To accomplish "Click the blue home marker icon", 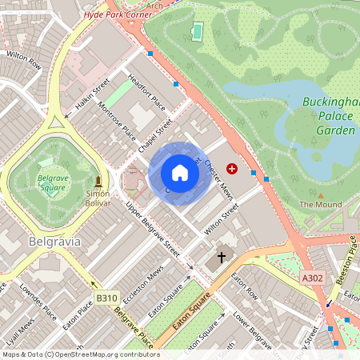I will tap(180, 173).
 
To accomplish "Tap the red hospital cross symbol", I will tap(232, 169).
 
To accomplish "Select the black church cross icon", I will tap(221, 258).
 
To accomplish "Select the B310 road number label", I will tap(106, 298).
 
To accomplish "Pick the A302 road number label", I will tap(314, 277).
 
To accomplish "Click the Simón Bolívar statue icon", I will tap(98, 182).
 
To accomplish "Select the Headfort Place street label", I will tap(146, 93).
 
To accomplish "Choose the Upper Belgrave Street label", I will tap(153, 229).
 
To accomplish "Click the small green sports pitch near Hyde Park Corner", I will tap(197, 31).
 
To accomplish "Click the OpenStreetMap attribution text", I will tap(80, 354).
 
